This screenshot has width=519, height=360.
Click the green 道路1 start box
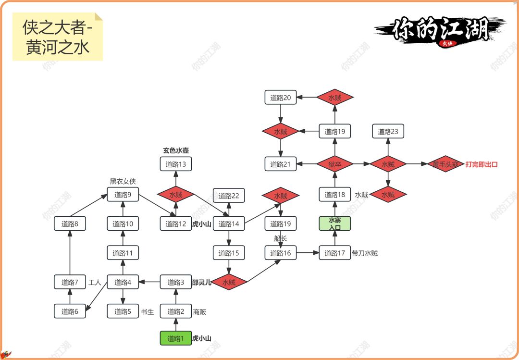point(176,338)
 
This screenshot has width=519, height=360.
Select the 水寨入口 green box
point(335,223)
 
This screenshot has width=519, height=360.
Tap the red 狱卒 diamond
point(335,164)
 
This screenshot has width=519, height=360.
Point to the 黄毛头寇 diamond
point(445,164)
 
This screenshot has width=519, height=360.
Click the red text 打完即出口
point(482,164)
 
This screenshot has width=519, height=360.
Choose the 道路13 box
point(176,164)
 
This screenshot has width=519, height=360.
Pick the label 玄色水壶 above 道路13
point(176,150)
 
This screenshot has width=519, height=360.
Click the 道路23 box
point(388,131)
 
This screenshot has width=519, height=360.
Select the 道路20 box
point(280,98)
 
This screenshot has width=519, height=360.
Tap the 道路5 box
point(123,311)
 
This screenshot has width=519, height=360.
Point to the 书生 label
point(148,311)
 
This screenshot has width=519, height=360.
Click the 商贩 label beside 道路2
point(199,311)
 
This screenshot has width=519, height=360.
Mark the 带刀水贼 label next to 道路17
point(365,253)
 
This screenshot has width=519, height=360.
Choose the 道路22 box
point(229,196)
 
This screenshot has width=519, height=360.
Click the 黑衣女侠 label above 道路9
point(123,181)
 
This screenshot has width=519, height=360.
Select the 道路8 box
point(70,223)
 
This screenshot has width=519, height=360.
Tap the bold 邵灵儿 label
point(202,283)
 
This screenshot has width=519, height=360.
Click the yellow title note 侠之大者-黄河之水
point(58,37)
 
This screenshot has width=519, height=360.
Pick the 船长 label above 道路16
point(280,238)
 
